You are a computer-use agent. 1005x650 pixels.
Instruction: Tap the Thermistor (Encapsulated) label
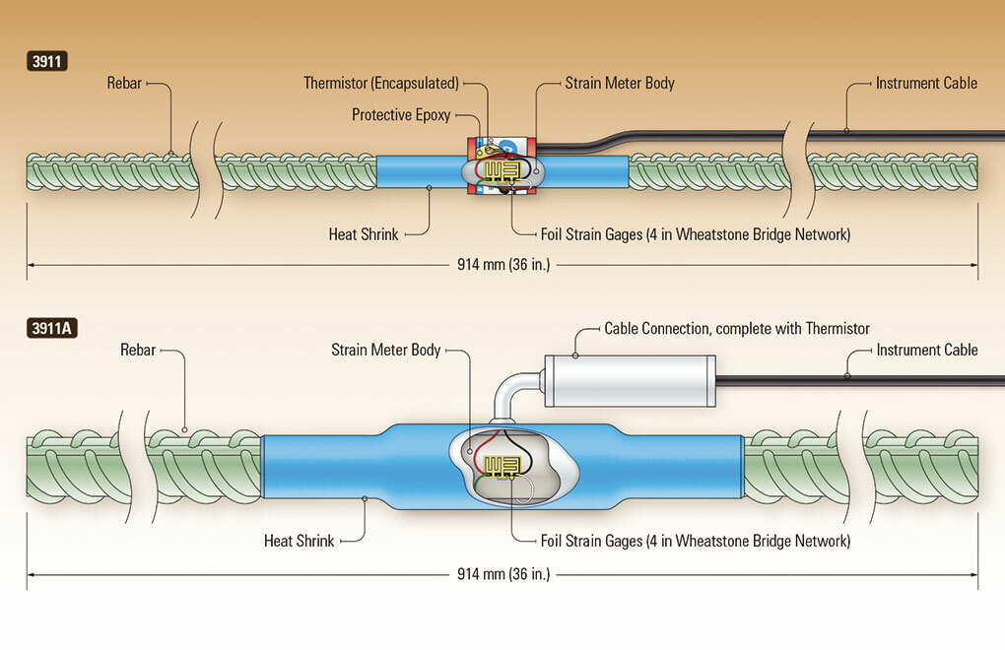[381, 84]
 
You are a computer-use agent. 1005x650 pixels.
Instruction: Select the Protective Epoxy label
[401, 115]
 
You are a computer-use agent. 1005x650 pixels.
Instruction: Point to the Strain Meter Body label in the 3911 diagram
[620, 84]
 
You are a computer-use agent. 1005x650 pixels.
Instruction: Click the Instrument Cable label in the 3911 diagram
[926, 84]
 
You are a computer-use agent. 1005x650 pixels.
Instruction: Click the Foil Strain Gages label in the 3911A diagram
[695, 541]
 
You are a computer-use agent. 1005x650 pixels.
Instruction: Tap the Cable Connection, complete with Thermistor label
[737, 328]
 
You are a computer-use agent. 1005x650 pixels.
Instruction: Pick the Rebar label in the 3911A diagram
[138, 350]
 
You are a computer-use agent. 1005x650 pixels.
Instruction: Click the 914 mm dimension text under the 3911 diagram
[502, 265]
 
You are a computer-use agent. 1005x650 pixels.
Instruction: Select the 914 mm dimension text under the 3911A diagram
[502, 573]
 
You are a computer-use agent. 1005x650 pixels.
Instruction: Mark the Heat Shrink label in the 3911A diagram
[300, 541]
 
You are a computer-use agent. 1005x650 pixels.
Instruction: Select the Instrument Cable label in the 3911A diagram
[926, 350]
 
